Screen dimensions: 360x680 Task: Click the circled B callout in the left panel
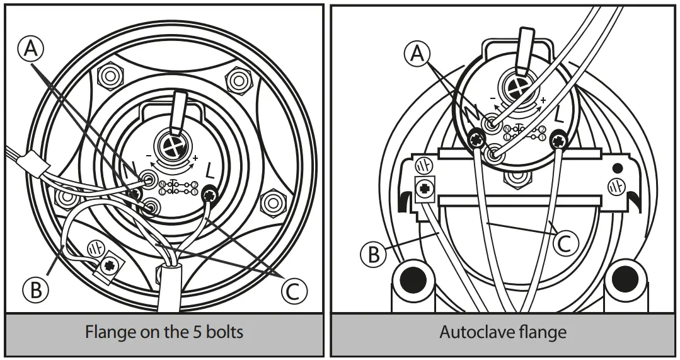35,290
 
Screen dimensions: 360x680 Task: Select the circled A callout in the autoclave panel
417,54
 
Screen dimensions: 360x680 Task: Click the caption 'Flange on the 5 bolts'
164,332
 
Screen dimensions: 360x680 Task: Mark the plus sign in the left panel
195,158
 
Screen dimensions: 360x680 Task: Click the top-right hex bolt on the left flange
238,81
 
